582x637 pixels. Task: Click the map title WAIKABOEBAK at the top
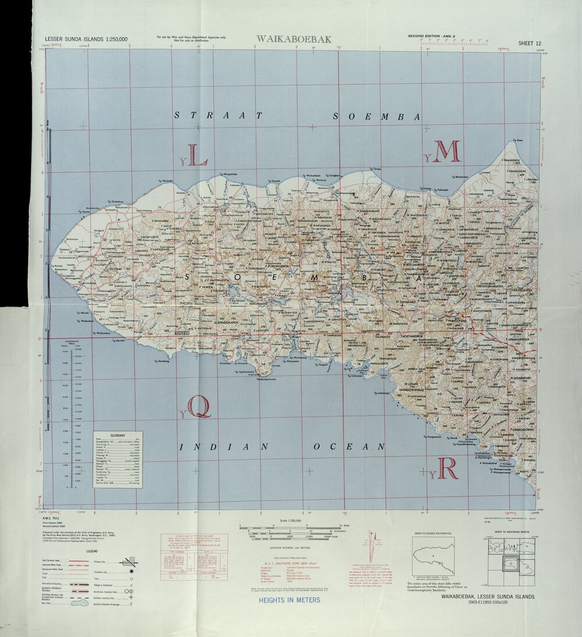tap(293, 39)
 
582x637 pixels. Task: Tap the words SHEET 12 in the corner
tap(530, 43)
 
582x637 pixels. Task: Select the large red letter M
tap(447, 151)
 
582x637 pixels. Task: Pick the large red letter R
tap(448, 468)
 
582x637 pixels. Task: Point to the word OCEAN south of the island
tap(349, 447)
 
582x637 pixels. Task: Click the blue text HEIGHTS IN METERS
tap(289, 600)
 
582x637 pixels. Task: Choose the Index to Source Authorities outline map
tap(434, 557)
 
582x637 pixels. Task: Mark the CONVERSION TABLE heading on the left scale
tap(72, 341)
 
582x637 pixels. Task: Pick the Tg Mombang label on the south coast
tap(161, 361)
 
